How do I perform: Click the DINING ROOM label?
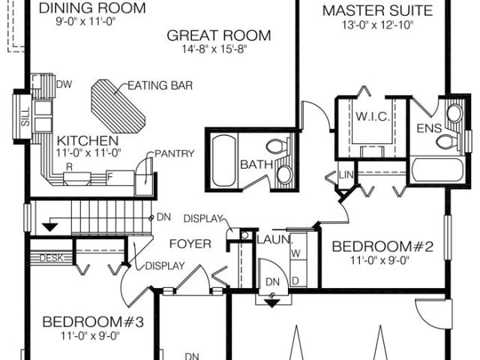(92, 8)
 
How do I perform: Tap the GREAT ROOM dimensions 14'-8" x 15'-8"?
(214, 49)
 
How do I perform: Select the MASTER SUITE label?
(377, 10)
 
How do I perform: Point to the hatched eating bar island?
(118, 106)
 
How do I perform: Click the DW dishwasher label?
(64, 84)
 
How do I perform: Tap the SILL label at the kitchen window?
(26, 117)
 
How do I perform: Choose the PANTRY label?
(175, 153)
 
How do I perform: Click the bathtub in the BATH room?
(224, 160)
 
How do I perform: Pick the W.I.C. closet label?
(373, 117)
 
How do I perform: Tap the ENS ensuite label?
(429, 128)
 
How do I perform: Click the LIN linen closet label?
(346, 175)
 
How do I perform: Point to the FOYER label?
(190, 244)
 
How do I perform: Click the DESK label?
(52, 258)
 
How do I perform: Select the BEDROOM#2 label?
(382, 247)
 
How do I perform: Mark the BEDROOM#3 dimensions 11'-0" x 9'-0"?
(90, 336)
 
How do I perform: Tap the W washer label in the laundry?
(296, 253)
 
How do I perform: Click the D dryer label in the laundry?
(295, 280)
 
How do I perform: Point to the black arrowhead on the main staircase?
(50, 227)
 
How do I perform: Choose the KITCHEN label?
(88, 141)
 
